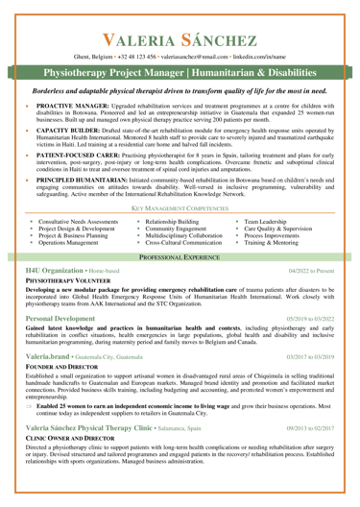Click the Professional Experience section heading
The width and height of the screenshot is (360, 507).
[180, 286]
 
